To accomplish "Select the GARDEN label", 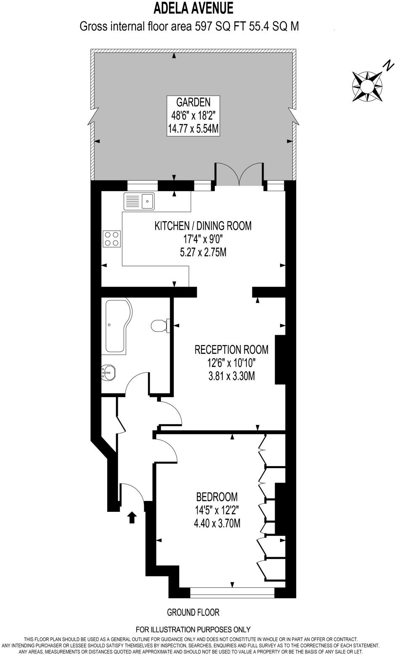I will pyautogui.click(x=193, y=102).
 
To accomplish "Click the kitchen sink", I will pyautogui.click(x=139, y=201).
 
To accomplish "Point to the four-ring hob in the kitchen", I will pyautogui.click(x=112, y=238).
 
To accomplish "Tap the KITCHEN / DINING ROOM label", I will pyautogui.click(x=203, y=226).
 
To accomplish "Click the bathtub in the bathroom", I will pyautogui.click(x=118, y=325).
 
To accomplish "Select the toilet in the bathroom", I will pyautogui.click(x=159, y=325).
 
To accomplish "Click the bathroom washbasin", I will pyautogui.click(x=109, y=372).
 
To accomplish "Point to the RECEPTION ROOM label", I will pyautogui.click(x=231, y=349).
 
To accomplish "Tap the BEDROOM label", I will pyautogui.click(x=217, y=497).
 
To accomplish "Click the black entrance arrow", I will pyautogui.click(x=132, y=518).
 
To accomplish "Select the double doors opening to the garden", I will pyautogui.click(x=240, y=174).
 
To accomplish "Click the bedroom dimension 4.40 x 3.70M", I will pyautogui.click(x=217, y=524).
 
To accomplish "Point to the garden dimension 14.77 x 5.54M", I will pyautogui.click(x=193, y=129).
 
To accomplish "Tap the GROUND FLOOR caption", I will pyautogui.click(x=193, y=613).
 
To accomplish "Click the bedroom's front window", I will pyautogui.click(x=232, y=592).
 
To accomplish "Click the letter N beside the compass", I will pyautogui.click(x=389, y=65).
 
